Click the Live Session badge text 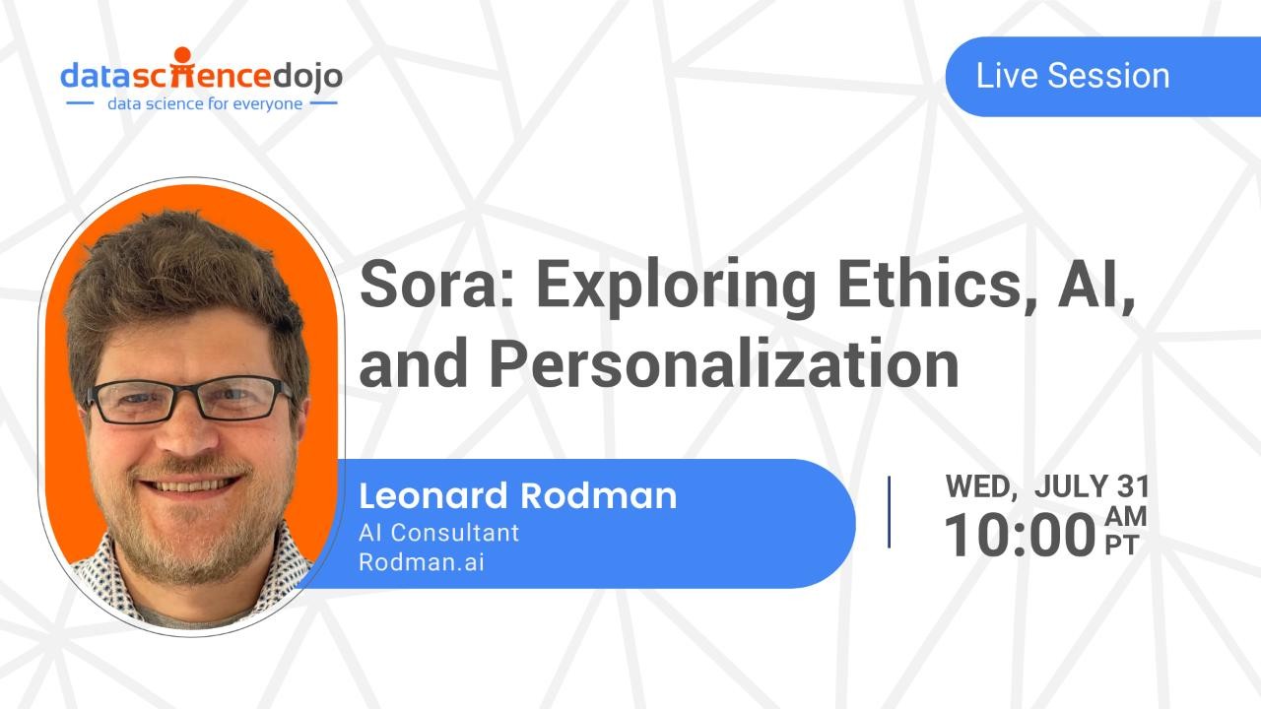(1072, 76)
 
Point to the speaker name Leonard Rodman (517, 495)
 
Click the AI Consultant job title (438, 533)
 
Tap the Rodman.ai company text (422, 562)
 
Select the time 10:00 (1020, 536)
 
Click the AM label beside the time (1125, 517)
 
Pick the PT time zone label (1122, 547)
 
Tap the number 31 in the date (1133, 486)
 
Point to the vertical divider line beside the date (890, 512)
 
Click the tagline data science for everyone (205, 103)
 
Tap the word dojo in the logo (306, 75)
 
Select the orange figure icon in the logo (181, 69)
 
